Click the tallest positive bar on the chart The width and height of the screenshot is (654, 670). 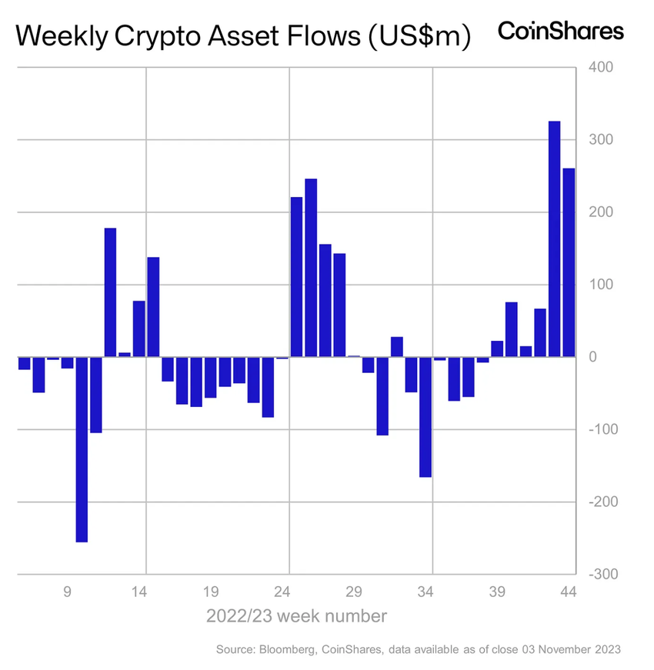click(554, 239)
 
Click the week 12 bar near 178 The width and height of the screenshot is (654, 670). click(110, 292)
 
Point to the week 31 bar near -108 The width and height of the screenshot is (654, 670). click(382, 396)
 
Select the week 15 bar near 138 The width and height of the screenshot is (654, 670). click(153, 307)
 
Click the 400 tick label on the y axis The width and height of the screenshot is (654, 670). click(601, 68)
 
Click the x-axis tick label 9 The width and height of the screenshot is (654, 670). click(67, 592)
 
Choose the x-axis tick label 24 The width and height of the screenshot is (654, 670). click(282, 592)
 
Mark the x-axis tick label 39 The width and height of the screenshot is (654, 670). click(497, 592)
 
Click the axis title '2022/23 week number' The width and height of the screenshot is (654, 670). click(296, 616)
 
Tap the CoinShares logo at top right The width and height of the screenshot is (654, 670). click(561, 32)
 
